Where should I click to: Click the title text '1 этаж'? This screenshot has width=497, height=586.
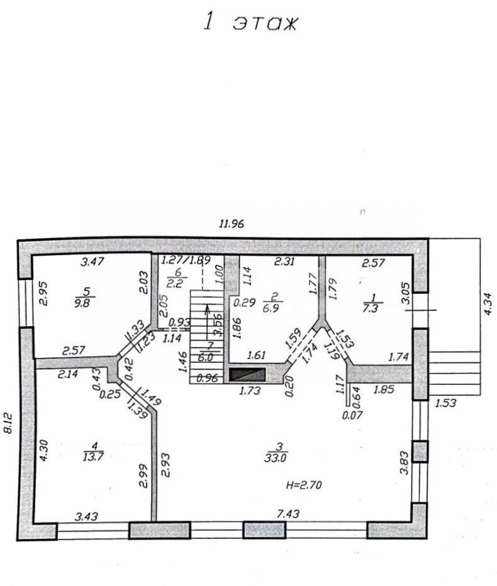tap(250, 23)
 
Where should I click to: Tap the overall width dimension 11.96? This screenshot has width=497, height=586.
tap(232, 224)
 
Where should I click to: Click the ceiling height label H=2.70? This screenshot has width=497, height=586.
tap(304, 485)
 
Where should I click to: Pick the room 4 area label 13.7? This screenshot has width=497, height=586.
tap(93, 457)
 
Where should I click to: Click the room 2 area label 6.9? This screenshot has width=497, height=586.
tap(274, 308)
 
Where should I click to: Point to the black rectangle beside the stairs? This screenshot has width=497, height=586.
tap(247, 375)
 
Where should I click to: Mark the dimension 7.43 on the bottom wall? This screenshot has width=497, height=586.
tap(289, 514)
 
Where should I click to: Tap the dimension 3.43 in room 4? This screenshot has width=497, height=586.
tap(86, 516)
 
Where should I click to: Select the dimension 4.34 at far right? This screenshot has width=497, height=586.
tap(488, 304)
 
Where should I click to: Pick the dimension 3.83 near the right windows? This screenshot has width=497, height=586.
tap(404, 463)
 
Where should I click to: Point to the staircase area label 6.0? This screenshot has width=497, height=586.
tap(206, 357)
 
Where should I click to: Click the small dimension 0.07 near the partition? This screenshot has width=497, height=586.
tap(353, 415)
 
